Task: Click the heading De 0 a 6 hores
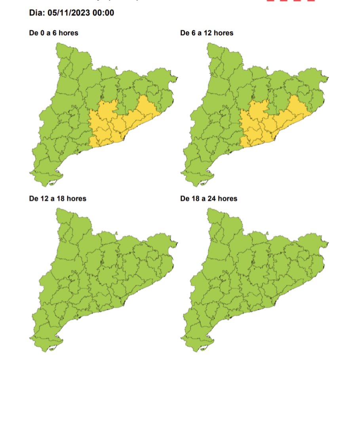click(53, 33)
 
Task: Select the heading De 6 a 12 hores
click(206, 33)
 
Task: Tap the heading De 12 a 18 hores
click(57, 198)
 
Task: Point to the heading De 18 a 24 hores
click(209, 198)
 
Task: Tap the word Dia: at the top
click(37, 13)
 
